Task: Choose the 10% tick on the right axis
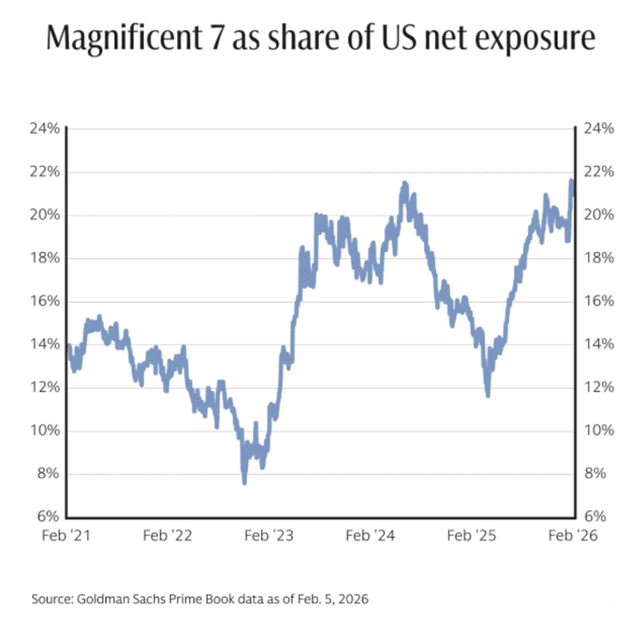coord(599,431)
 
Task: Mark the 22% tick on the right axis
coord(599,172)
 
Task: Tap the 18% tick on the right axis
coord(599,258)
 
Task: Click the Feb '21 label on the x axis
coord(66,536)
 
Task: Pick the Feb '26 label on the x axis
coord(573,536)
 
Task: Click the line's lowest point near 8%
coord(244,482)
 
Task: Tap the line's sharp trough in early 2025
coord(488,395)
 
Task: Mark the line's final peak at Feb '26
coord(571,182)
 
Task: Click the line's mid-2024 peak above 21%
coord(404,184)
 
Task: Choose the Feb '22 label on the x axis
coord(168,536)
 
